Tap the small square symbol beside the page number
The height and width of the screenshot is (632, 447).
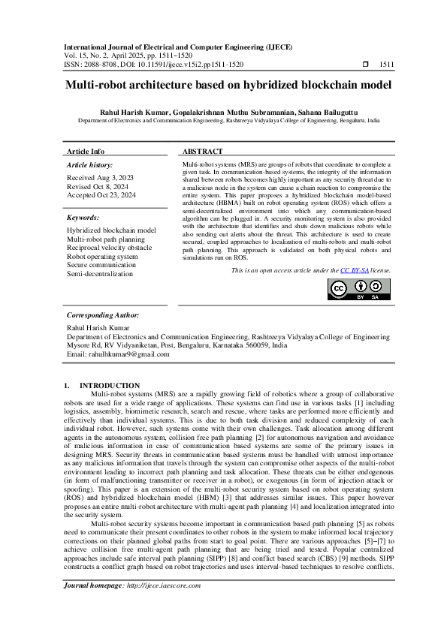[365, 65]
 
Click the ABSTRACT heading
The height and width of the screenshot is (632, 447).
[202, 151]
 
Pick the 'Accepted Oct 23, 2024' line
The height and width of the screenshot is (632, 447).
[101, 195]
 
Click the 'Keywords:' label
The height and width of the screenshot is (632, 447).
[83, 218]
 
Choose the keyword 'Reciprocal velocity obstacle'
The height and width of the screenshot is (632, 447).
[109, 248]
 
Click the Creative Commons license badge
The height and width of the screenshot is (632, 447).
[359, 290]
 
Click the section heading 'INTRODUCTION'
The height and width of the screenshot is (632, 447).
[110, 385]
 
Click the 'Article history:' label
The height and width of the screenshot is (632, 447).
[90, 164]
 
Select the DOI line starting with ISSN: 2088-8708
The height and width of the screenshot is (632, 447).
[153, 65]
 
